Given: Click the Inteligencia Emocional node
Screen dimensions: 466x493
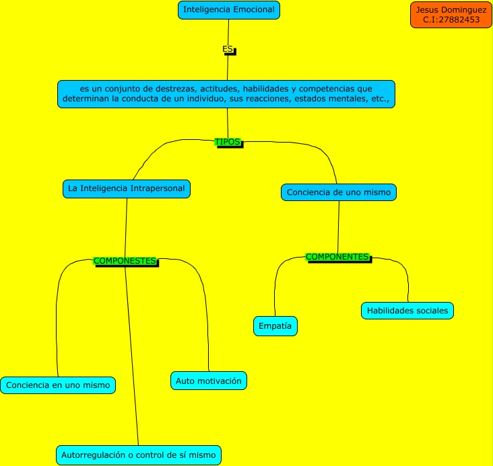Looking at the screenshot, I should pyautogui.click(x=229, y=10).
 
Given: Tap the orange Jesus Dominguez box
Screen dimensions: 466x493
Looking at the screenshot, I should pyautogui.click(x=451, y=15).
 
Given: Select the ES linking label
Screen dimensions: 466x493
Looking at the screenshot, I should pyautogui.click(x=228, y=49).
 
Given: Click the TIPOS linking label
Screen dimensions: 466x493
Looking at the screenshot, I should pyautogui.click(x=228, y=142).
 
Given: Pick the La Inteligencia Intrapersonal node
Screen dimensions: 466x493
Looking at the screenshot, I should pyautogui.click(x=127, y=188).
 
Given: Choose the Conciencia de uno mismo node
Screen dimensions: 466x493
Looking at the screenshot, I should pyautogui.click(x=338, y=192).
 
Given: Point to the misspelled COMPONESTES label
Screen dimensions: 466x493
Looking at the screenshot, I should pyautogui.click(x=125, y=261).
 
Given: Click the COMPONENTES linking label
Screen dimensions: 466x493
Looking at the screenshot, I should pyautogui.click(x=337, y=257).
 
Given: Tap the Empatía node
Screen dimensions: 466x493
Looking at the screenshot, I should pyautogui.click(x=275, y=326).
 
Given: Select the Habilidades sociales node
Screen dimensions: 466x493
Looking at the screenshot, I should pyautogui.click(x=407, y=311).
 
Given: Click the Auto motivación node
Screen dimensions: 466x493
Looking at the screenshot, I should pyautogui.click(x=209, y=381).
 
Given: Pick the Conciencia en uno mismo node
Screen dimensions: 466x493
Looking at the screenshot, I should pyautogui.click(x=58, y=385).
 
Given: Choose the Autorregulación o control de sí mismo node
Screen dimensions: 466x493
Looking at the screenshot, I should pyautogui.click(x=138, y=455).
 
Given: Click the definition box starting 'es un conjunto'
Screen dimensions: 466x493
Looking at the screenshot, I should pyautogui.click(x=226, y=93).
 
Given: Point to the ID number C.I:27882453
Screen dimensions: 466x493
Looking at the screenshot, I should pyautogui.click(x=451, y=20).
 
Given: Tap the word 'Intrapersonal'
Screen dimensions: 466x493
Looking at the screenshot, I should pyautogui.click(x=157, y=188).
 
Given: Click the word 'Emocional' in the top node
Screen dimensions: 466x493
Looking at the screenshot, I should pyautogui.click(x=252, y=10).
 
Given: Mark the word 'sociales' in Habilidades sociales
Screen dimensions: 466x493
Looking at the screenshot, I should pyautogui.click(x=431, y=311).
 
